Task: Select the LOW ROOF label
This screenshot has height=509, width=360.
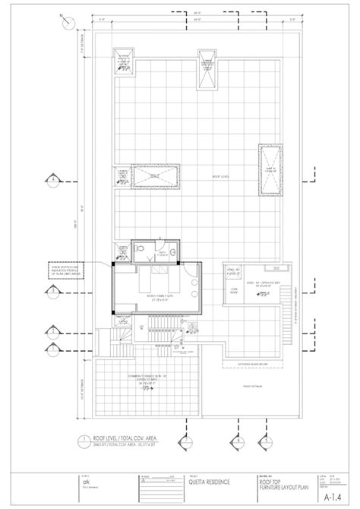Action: pyautogui.click(x=235, y=289)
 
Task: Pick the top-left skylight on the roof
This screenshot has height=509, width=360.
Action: pyautogui.click(x=122, y=61)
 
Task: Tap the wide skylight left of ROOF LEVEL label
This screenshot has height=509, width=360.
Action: pyautogui.click(x=151, y=177)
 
